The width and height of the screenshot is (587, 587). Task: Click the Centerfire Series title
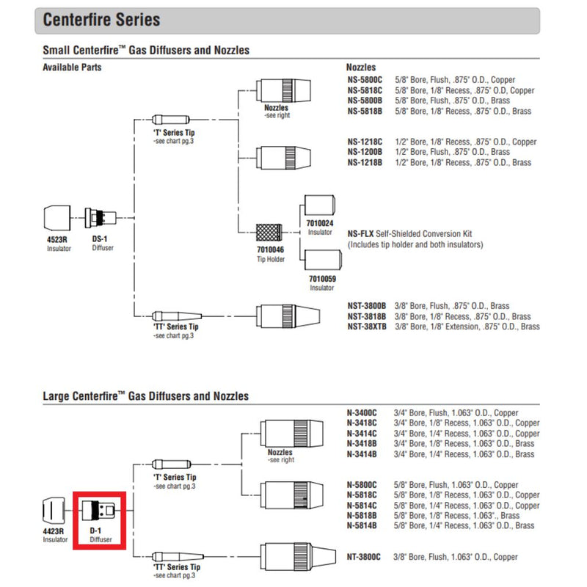pos(101,20)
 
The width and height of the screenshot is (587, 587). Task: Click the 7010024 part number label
pos(319,222)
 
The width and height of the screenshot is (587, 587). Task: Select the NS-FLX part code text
pos(360,234)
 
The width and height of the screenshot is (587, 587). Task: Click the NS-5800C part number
pos(365,79)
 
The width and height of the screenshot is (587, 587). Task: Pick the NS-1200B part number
pos(365,152)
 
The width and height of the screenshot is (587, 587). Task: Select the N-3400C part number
pos(362,413)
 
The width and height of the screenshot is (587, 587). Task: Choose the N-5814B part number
pos(362,526)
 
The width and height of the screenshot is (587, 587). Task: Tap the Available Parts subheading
pos(72,67)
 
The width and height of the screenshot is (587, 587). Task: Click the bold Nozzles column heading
pos(364,67)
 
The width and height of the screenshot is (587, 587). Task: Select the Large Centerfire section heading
pos(145,396)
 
